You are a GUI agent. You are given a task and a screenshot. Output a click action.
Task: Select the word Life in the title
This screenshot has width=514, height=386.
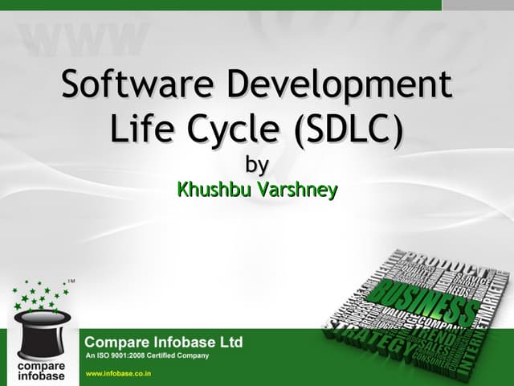pyautogui.click(x=138, y=129)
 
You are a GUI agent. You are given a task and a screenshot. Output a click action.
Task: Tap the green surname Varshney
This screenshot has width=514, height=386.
pyautogui.click(x=298, y=191)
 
